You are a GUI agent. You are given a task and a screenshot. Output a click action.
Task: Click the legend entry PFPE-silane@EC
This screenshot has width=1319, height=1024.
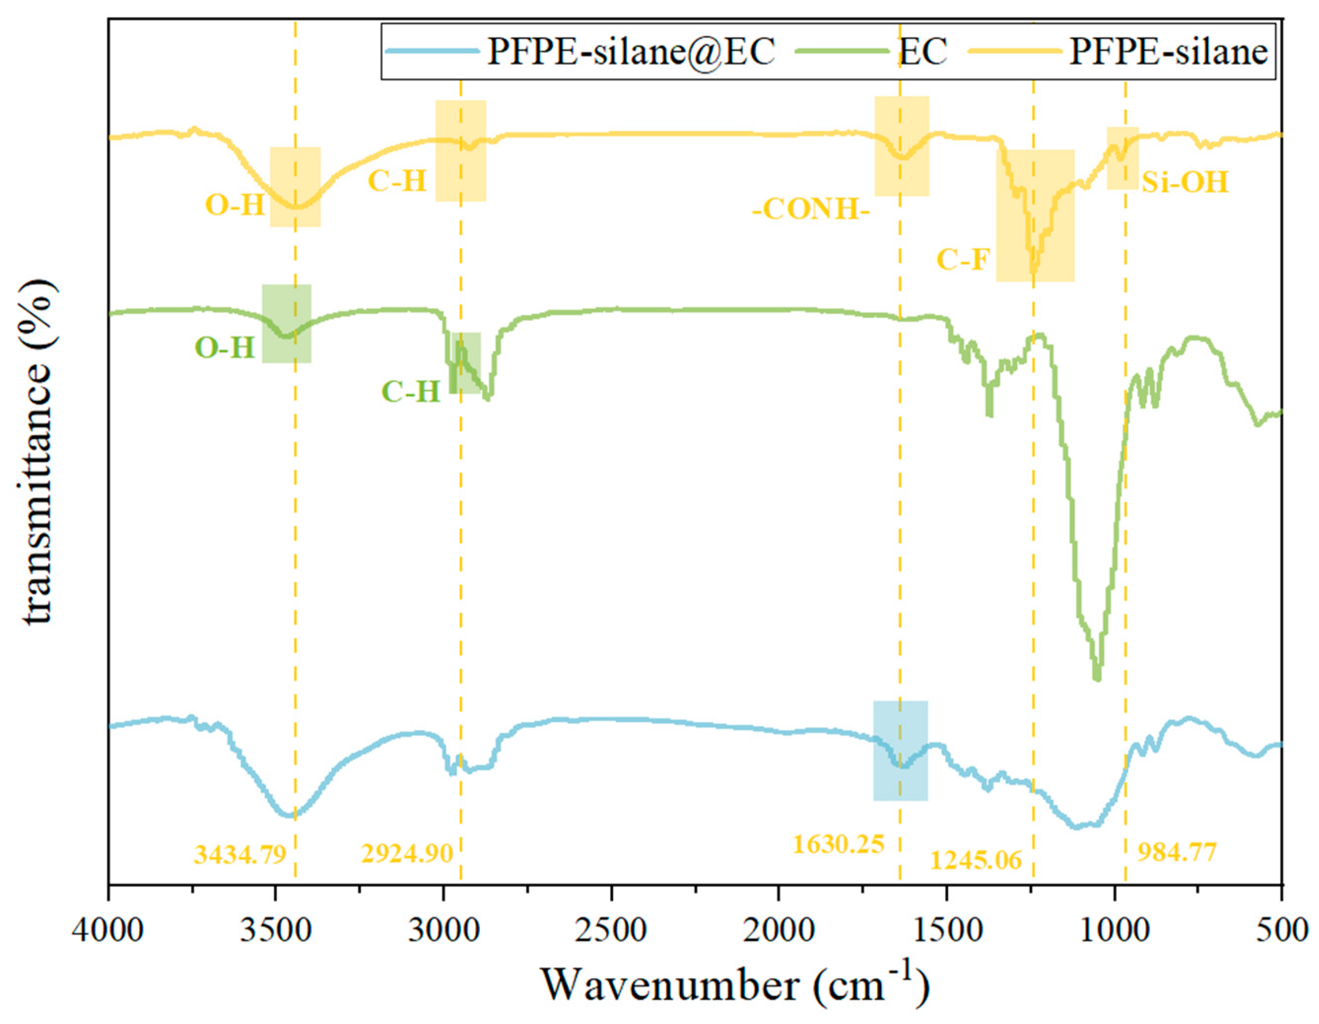(631, 52)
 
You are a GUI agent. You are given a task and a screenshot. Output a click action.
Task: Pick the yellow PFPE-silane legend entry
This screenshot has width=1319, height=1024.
(1168, 52)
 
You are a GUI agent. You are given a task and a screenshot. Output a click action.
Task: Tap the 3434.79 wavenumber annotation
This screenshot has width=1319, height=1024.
(240, 854)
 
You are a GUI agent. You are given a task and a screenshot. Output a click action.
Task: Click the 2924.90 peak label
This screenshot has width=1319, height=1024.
(407, 853)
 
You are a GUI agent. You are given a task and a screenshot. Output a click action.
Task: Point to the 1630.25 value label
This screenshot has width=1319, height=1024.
(838, 844)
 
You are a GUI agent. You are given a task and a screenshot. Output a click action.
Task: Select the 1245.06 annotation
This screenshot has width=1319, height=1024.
(976, 860)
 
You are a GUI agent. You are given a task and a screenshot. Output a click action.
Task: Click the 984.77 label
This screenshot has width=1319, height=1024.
(1177, 853)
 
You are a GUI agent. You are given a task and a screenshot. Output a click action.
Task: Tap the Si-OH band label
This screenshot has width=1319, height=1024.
(1185, 182)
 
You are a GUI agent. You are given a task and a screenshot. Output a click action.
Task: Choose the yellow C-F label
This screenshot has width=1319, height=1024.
(963, 260)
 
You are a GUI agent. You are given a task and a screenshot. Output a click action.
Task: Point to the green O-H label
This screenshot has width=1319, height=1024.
(225, 348)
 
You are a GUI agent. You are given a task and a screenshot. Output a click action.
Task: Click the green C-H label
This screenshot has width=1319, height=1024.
(410, 392)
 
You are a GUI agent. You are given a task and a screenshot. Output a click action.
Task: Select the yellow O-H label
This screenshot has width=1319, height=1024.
(236, 205)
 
